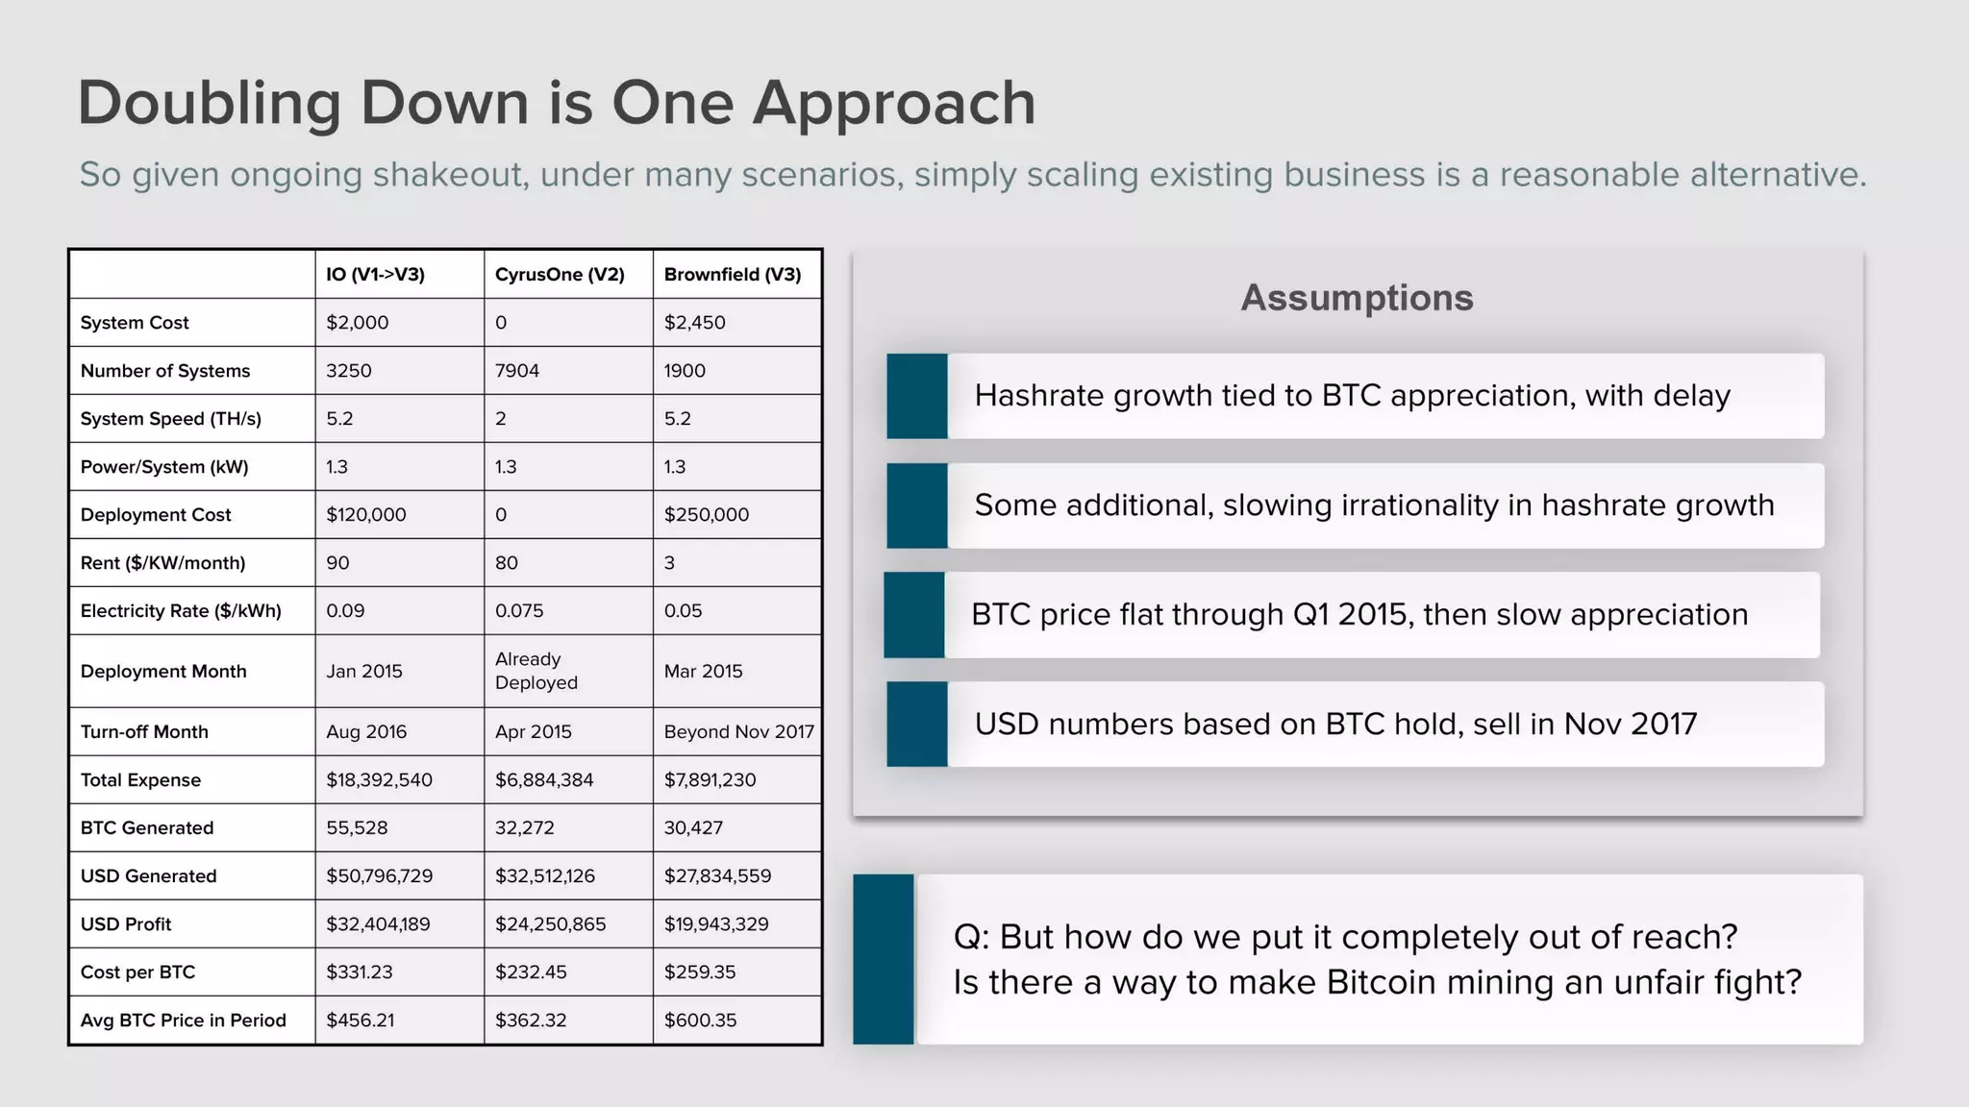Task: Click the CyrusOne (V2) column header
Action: pos(560,275)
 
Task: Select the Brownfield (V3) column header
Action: pos(732,275)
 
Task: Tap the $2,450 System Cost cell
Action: pos(694,323)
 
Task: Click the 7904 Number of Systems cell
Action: pos(517,371)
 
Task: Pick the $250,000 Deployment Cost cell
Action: pos(706,515)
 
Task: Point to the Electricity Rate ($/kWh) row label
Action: pos(181,611)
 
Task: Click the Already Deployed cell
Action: pos(536,671)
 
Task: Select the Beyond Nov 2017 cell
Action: pos(738,732)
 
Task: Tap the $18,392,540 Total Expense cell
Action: pos(379,780)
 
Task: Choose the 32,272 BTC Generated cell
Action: pos(524,828)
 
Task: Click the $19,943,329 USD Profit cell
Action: pos(716,924)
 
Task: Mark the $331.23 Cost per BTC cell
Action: pos(359,972)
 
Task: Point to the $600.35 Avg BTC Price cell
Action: pos(700,1021)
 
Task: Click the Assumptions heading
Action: pos(1357,298)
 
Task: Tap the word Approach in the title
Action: pos(894,104)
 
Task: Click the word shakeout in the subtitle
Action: pos(451,175)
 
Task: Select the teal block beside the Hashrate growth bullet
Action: pos(916,396)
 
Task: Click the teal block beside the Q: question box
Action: pos(883,959)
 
